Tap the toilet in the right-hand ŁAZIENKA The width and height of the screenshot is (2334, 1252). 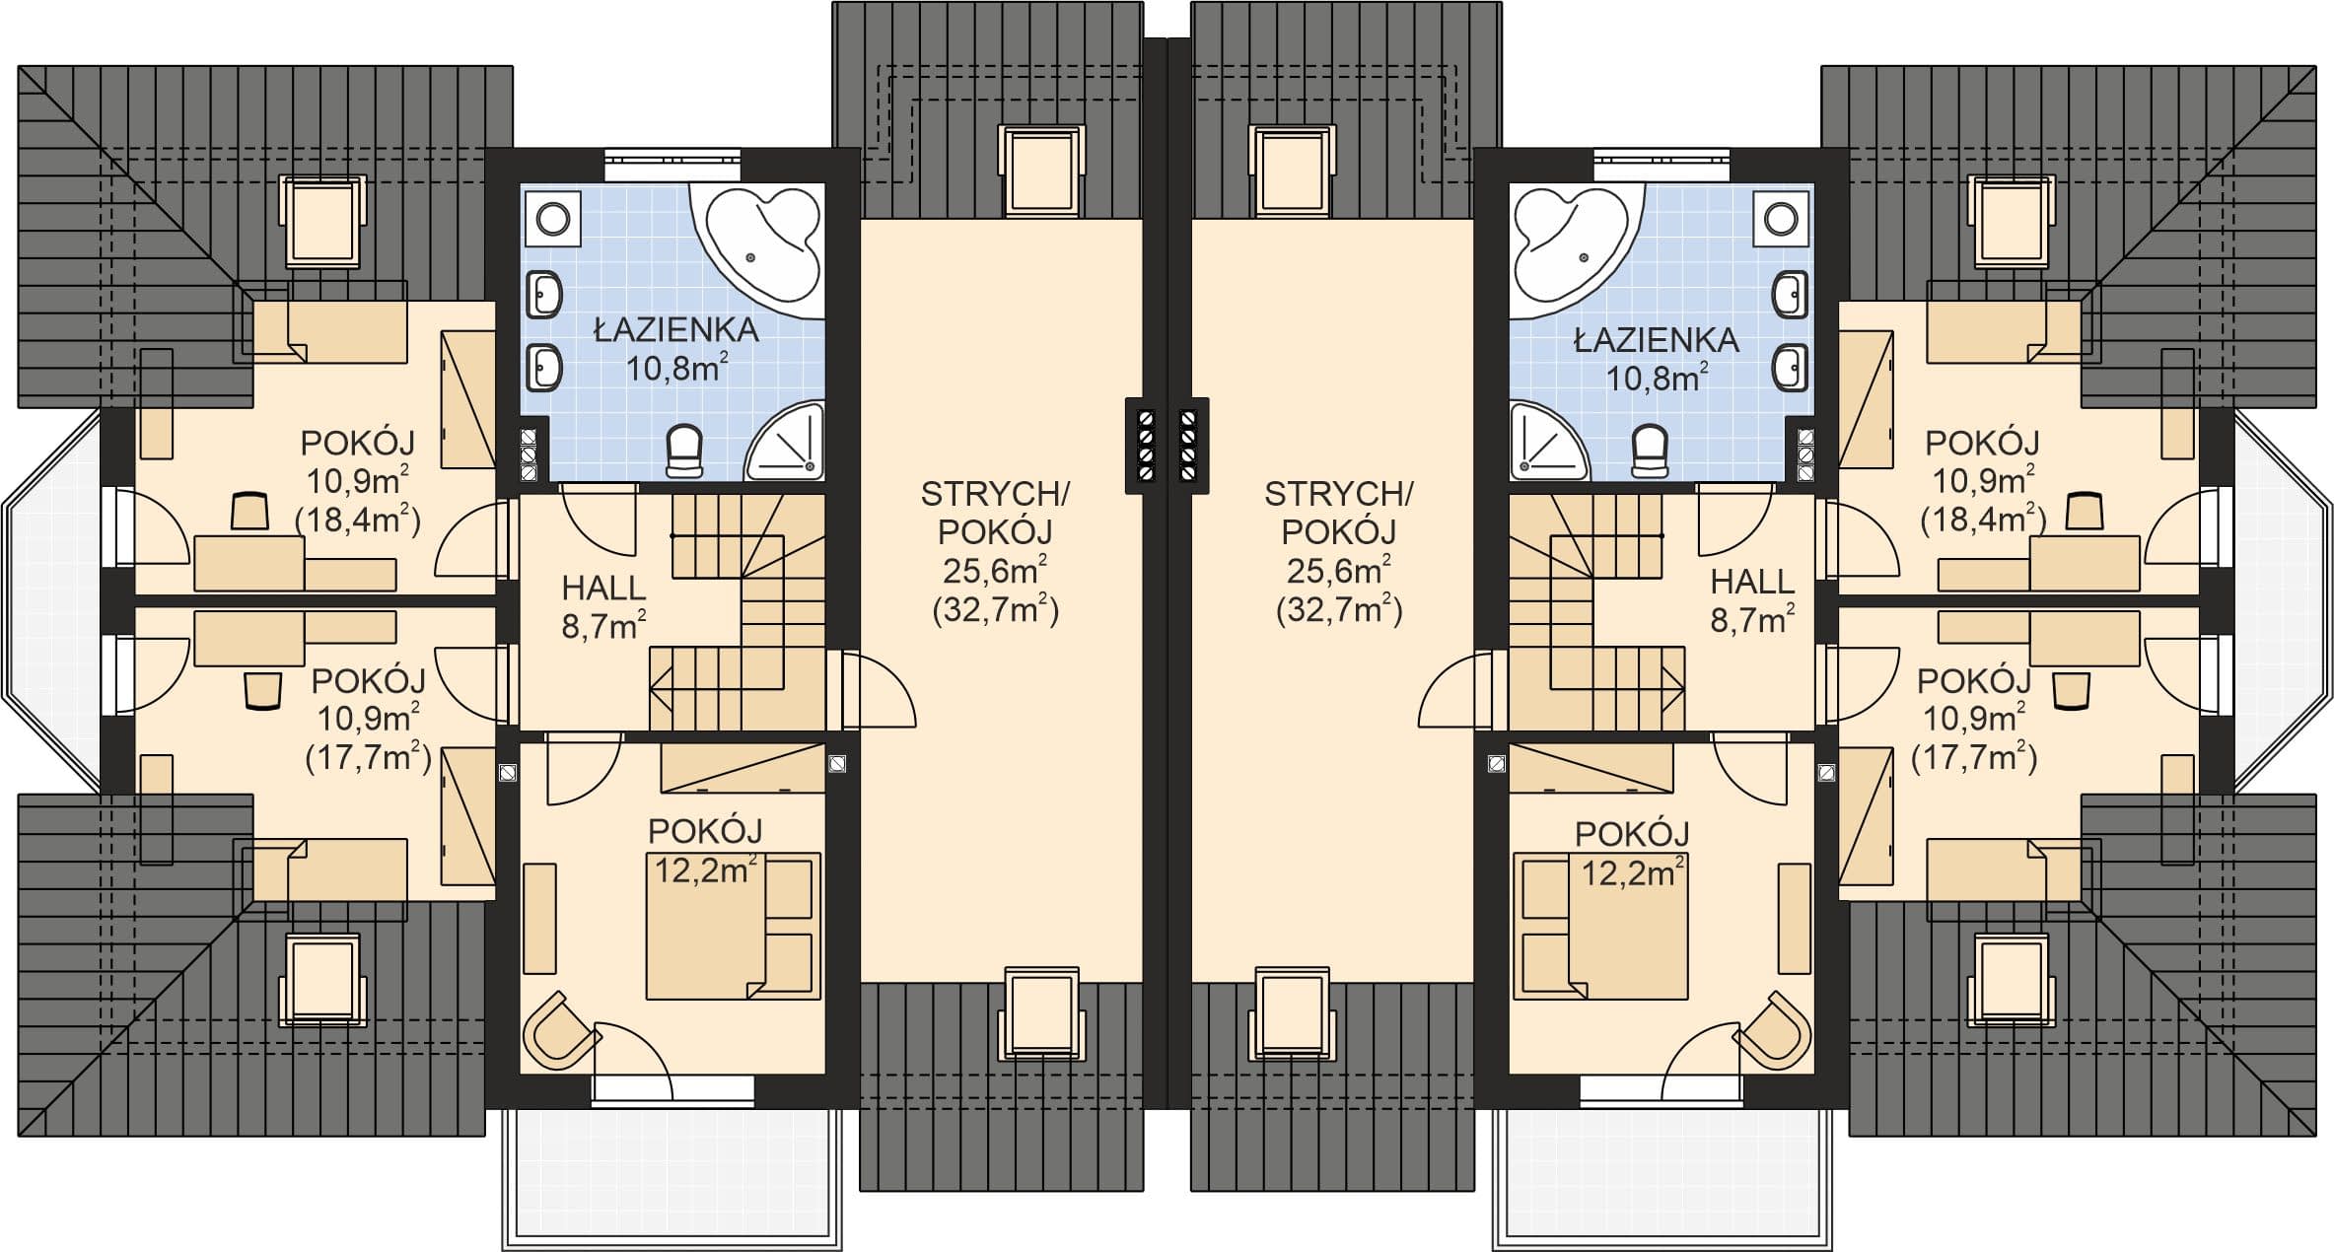pyautogui.click(x=1650, y=452)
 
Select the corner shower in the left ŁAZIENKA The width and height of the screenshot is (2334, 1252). pyautogui.click(x=786, y=442)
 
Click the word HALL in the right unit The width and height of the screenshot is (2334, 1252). pyautogui.click(x=1752, y=582)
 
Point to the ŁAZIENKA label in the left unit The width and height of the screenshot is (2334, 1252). pyautogui.click(x=675, y=329)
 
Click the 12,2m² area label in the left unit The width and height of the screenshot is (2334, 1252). pyautogui.click(x=706, y=869)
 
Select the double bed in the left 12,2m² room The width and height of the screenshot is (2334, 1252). pyautogui.click(x=733, y=927)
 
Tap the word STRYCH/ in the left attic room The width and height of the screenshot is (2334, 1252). pyautogui.click(x=995, y=493)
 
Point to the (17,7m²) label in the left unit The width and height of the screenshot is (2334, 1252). pyautogui.click(x=368, y=757)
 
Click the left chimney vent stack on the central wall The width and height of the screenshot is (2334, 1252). pyautogui.click(x=1146, y=446)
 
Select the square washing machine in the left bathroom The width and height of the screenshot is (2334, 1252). pyautogui.click(x=552, y=218)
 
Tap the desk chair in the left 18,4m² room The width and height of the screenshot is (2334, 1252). pyautogui.click(x=249, y=512)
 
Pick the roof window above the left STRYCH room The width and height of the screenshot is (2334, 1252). pyautogui.click(x=1041, y=171)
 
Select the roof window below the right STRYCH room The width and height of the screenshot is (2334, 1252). pyautogui.click(x=1292, y=1013)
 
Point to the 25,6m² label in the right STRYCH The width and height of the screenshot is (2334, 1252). pyautogui.click(x=1338, y=570)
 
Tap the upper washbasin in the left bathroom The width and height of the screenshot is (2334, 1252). pyautogui.click(x=543, y=295)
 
